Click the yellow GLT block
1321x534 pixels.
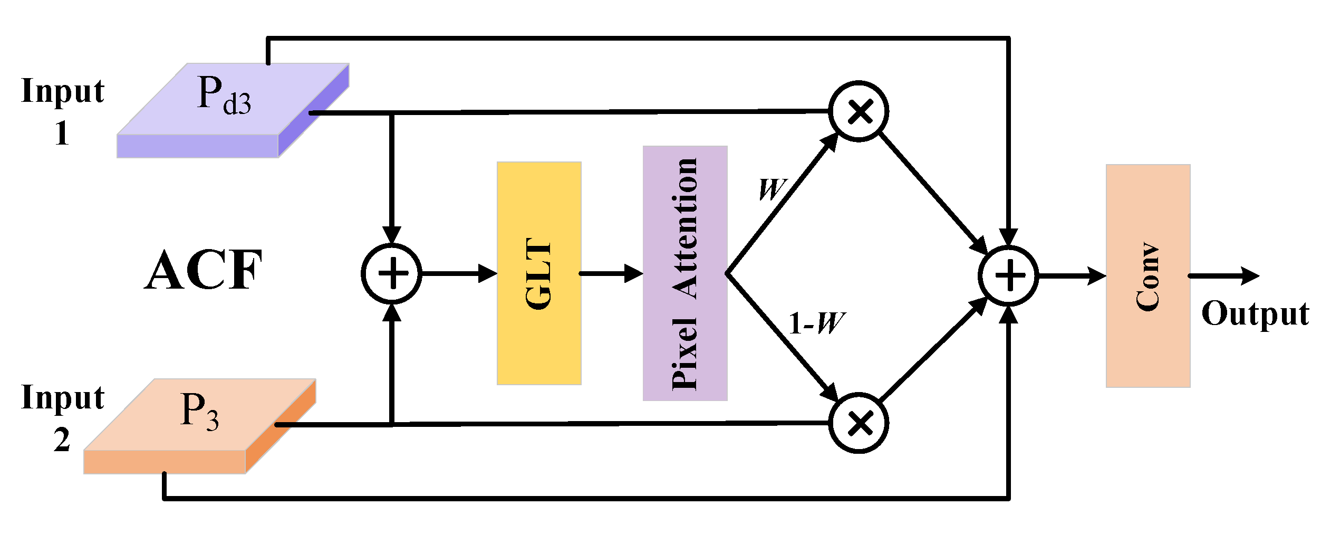[x=539, y=273]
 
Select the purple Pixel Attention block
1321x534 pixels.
[x=684, y=273]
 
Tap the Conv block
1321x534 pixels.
[x=1148, y=276]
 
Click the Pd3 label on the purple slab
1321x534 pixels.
[x=224, y=95]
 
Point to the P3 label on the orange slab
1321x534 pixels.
[x=199, y=411]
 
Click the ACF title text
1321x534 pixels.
[x=203, y=271]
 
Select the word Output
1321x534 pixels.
[x=1255, y=314]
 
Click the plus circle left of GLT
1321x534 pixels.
[x=391, y=273]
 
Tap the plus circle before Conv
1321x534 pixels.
[x=1008, y=275]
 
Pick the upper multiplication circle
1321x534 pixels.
[x=859, y=111]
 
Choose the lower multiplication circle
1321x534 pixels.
[x=859, y=423]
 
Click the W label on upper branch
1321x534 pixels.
[x=772, y=189]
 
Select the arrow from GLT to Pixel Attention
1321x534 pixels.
[x=612, y=273]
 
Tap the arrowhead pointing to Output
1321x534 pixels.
[x=1250, y=275]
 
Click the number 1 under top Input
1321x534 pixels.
[x=62, y=133]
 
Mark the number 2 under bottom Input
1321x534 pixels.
[x=62, y=440]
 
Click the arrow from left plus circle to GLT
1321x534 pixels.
[x=459, y=273]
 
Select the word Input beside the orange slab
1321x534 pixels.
[x=63, y=397]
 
